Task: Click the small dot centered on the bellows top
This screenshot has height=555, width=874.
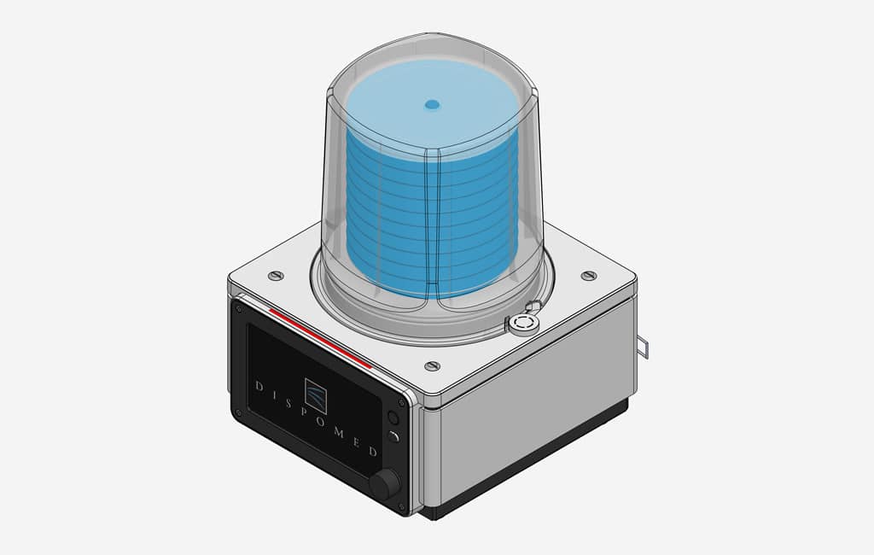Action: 432,105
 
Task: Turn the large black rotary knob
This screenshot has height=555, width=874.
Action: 385,484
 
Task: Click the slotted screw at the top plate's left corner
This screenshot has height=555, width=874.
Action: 275,276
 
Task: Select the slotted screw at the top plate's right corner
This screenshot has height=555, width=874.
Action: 588,275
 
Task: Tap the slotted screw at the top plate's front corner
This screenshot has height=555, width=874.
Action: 432,366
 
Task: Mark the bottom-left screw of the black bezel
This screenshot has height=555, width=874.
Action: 238,413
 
